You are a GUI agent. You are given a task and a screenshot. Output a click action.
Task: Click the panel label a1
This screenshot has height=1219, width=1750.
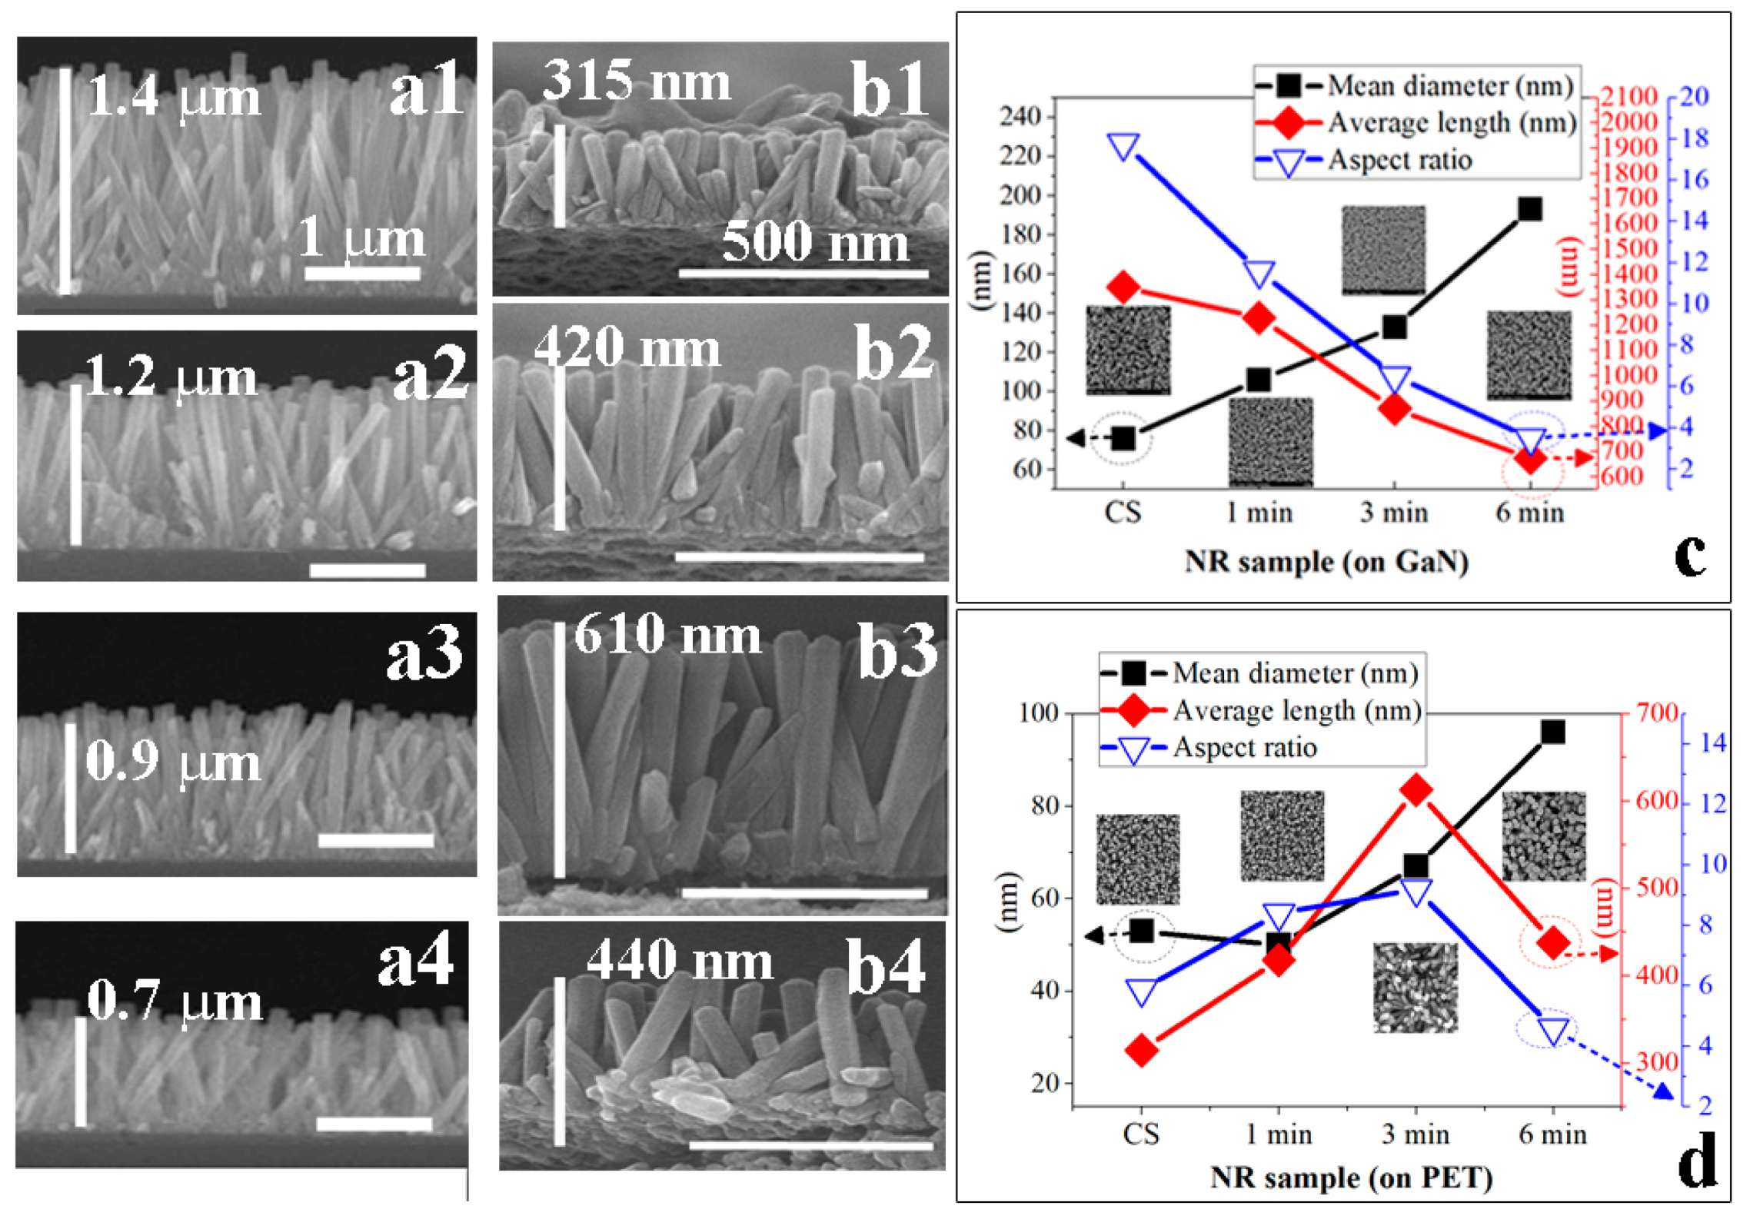[x=426, y=89]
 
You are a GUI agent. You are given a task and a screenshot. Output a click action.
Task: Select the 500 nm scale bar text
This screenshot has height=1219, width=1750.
[x=815, y=241]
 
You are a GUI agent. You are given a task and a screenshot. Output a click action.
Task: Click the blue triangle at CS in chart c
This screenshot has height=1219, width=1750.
[x=1123, y=146]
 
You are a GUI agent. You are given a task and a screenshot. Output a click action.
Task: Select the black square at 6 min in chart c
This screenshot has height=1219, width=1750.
[x=1529, y=209]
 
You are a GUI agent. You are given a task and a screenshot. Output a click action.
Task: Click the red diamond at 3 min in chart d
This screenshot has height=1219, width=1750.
[x=1416, y=790]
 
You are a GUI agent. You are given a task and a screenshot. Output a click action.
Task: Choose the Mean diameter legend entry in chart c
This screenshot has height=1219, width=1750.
[x=1449, y=85]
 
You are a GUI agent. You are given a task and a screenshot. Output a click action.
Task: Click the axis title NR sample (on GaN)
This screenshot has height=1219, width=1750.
[x=1326, y=562]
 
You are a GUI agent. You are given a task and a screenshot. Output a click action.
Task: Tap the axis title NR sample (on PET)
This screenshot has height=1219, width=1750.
[x=1351, y=1178]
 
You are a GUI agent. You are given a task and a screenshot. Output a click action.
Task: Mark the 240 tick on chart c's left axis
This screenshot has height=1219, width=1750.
[x=1020, y=117]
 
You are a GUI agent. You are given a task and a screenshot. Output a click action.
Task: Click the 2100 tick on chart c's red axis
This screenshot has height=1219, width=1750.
[x=1629, y=96]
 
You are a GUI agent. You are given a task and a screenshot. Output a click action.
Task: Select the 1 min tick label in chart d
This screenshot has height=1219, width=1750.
[x=1278, y=1134]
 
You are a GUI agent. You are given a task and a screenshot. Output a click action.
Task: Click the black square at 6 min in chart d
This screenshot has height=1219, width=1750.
[x=1552, y=732]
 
